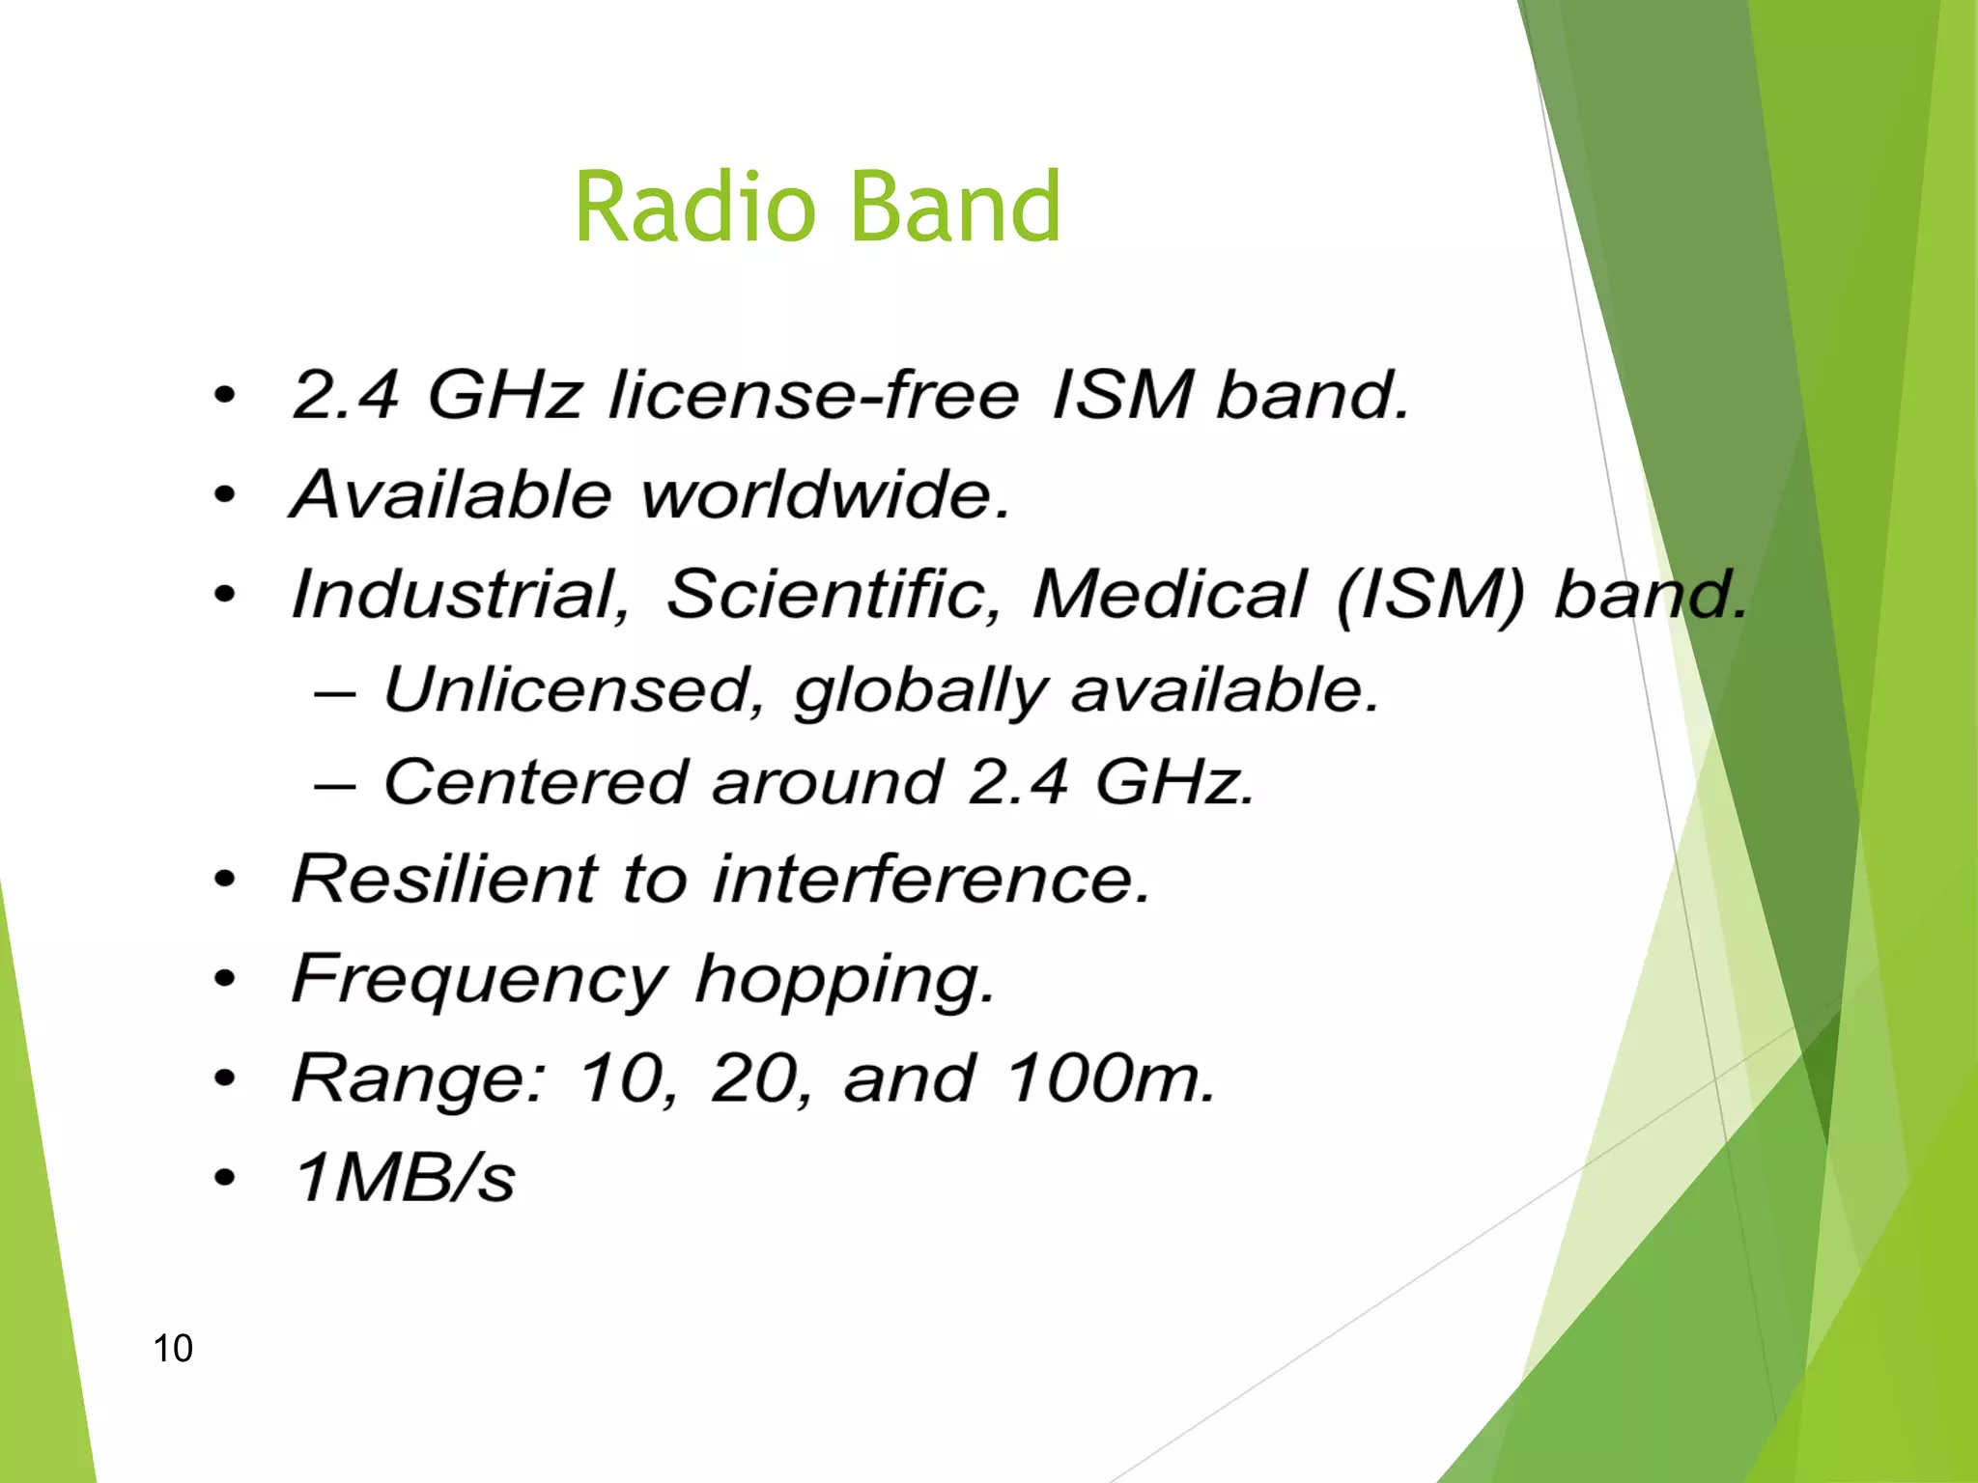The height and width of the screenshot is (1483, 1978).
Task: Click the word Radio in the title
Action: click(694, 207)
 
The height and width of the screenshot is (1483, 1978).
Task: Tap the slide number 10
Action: click(173, 1348)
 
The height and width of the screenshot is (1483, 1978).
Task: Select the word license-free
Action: click(813, 395)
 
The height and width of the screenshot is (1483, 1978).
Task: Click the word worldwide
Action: click(826, 494)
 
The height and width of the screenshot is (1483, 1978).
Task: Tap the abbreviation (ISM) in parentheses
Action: click(1430, 595)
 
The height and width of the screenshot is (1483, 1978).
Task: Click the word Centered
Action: click(537, 781)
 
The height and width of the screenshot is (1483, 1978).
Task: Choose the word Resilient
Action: click(445, 879)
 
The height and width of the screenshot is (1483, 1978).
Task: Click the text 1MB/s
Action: click(405, 1178)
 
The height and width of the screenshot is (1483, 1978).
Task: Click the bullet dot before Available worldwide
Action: click(224, 495)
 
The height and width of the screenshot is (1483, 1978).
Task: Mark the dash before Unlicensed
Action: click(335, 694)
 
